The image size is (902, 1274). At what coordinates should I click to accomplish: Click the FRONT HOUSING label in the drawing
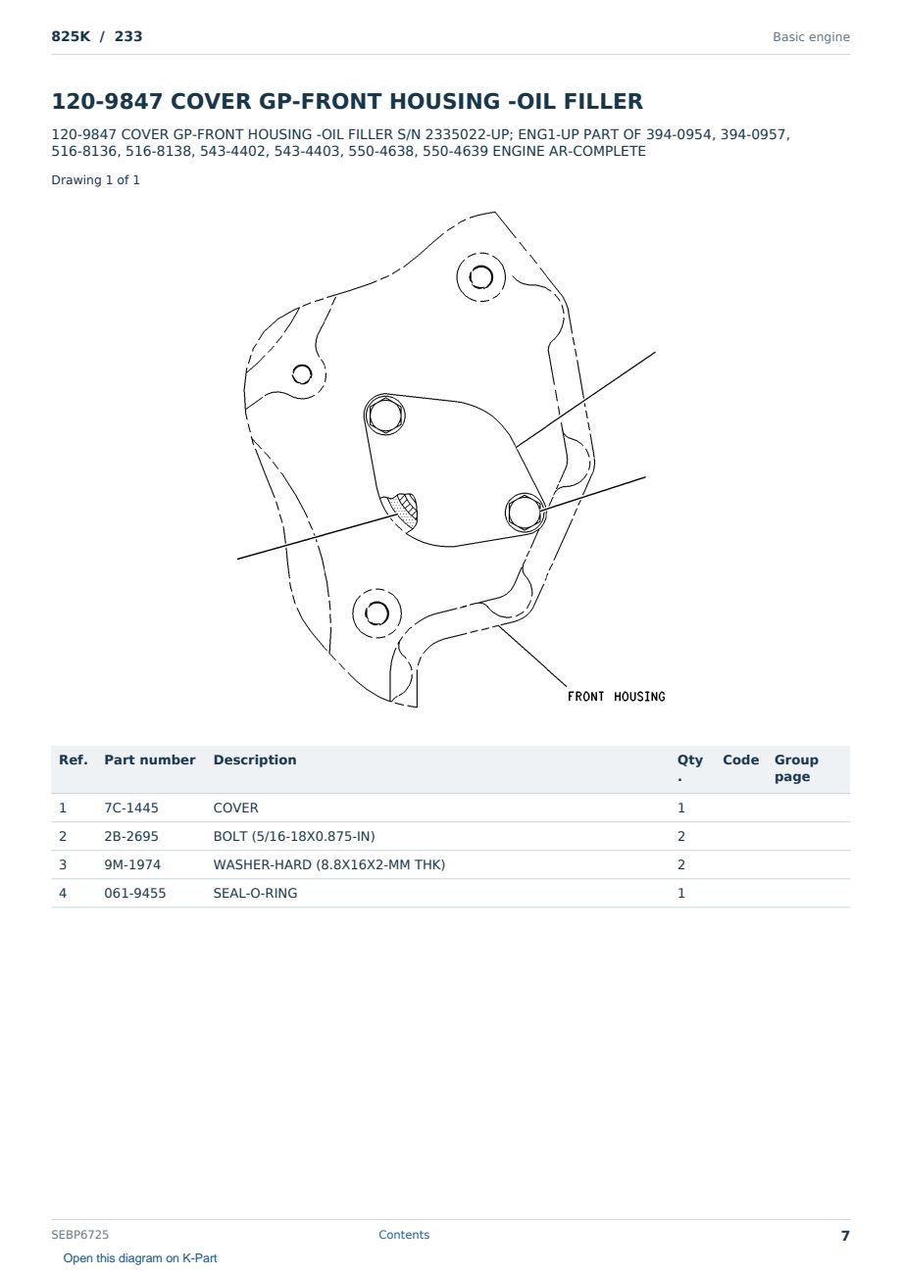tap(617, 696)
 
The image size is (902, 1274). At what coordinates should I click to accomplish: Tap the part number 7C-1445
tap(131, 808)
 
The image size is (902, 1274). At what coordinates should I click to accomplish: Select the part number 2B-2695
tap(131, 836)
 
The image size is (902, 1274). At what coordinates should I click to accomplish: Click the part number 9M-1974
tap(132, 864)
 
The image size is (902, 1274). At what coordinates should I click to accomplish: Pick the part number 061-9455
tap(135, 893)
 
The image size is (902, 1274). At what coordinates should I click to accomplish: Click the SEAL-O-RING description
tap(255, 893)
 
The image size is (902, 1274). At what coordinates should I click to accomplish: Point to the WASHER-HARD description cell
tap(328, 864)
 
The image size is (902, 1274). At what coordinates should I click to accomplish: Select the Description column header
tap(254, 759)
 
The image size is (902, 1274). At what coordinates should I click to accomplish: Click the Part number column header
tap(150, 759)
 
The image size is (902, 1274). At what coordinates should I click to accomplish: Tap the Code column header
tap(740, 759)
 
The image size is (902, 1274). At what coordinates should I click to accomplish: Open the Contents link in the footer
tap(404, 1235)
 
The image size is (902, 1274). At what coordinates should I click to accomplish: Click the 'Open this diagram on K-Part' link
tap(140, 1258)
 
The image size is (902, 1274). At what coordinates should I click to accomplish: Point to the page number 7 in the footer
tap(845, 1236)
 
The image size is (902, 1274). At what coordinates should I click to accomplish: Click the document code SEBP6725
tap(79, 1235)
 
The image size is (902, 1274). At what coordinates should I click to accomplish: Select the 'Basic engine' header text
tap(811, 37)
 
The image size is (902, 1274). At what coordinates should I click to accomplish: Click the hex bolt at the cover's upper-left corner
tap(384, 416)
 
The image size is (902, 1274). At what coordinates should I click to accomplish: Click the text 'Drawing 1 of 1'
tap(96, 180)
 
